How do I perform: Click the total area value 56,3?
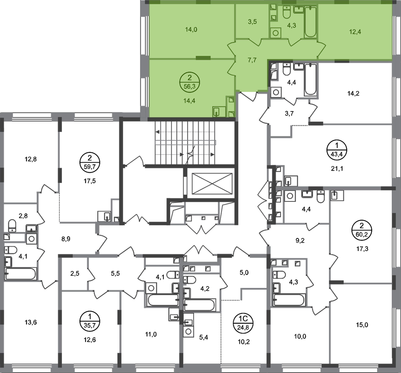[x=190, y=86]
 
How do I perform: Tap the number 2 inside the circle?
[x=190, y=78]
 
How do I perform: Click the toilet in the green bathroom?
[x=286, y=12]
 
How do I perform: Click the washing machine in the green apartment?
[x=276, y=33]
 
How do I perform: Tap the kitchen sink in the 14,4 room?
[x=217, y=111]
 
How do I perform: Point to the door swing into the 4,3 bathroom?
[x=295, y=42]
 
